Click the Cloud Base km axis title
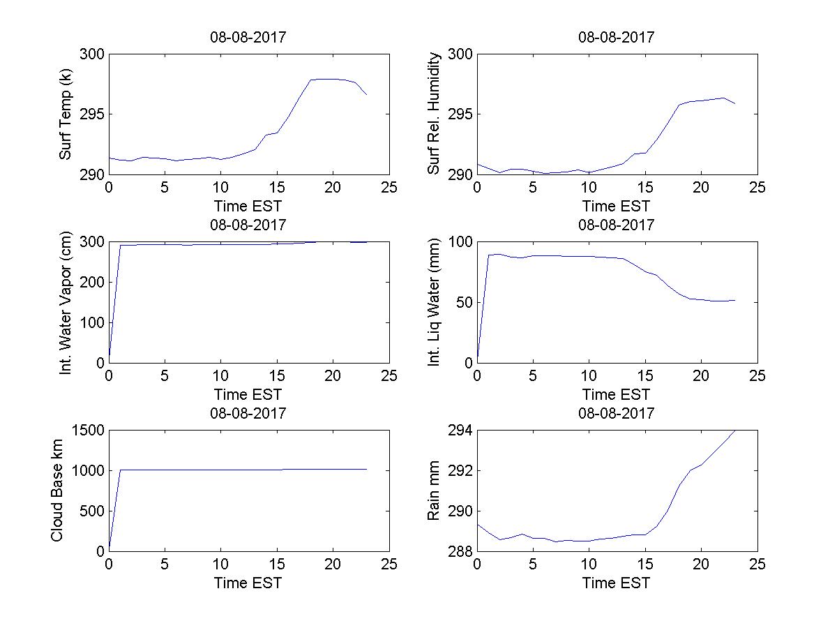pyautogui.click(x=56, y=491)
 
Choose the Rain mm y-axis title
pyautogui.click(x=434, y=491)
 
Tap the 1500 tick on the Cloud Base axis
pyautogui.click(x=87, y=431)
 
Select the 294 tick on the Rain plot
pyautogui.click(x=460, y=431)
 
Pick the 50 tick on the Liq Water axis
pyautogui.click(x=463, y=303)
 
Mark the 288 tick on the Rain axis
pyautogui.click(x=460, y=551)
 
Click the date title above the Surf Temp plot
pyautogui.click(x=248, y=38)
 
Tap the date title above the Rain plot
pyautogui.click(x=616, y=413)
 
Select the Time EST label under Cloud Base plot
pyautogui.click(x=248, y=583)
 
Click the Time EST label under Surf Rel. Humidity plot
pyautogui.click(x=616, y=206)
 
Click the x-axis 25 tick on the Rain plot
pyautogui.click(x=757, y=565)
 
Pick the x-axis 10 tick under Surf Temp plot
pyautogui.click(x=221, y=188)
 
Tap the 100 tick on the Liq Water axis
pyautogui.click(x=460, y=243)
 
